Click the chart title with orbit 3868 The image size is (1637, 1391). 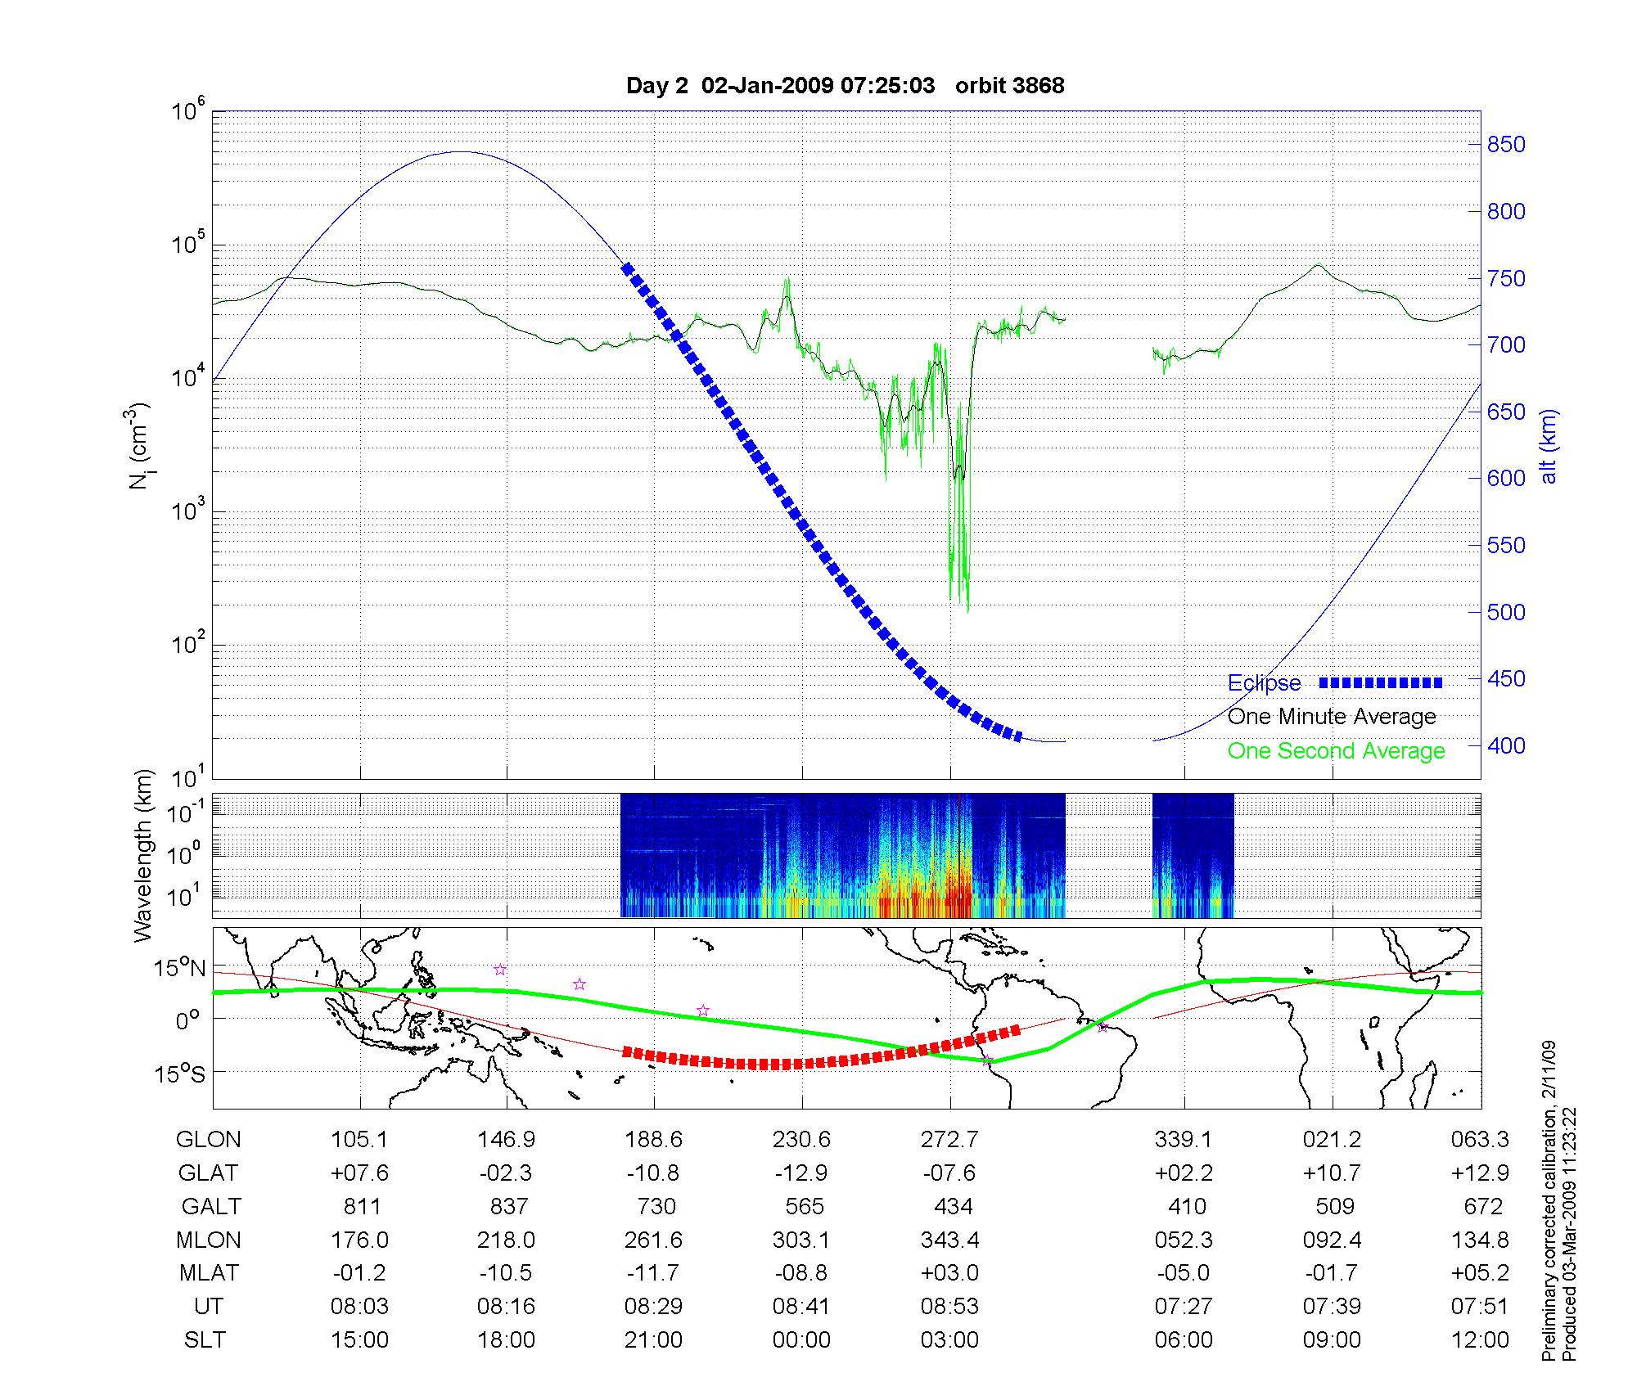[x=845, y=86]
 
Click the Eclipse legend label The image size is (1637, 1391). [x=1264, y=683]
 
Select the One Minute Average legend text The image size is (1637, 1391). [x=1332, y=717]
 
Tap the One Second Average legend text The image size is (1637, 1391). [x=1336, y=751]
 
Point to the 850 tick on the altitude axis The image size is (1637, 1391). [x=1506, y=145]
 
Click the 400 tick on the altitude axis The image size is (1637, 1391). [x=1506, y=745]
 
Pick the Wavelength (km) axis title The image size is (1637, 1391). [x=143, y=856]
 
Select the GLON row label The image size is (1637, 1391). [x=209, y=1140]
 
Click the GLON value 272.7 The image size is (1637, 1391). [x=949, y=1140]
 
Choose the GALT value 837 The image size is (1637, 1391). [x=507, y=1207]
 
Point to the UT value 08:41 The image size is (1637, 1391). [x=801, y=1307]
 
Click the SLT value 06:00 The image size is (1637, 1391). [x=1184, y=1340]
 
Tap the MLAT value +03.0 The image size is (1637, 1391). [x=949, y=1273]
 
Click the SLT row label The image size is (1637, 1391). [x=205, y=1340]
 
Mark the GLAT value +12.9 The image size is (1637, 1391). [x=1480, y=1173]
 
